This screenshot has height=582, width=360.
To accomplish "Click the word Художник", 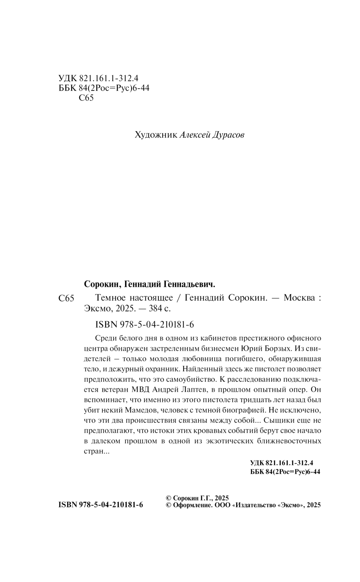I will pyautogui.click(x=156, y=135).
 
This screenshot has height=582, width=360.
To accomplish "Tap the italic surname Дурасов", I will pyautogui.click(x=228, y=135).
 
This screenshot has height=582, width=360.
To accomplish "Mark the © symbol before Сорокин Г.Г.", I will pyautogui.click(x=168, y=498).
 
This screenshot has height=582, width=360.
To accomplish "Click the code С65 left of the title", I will pyautogui.click(x=66, y=299).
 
